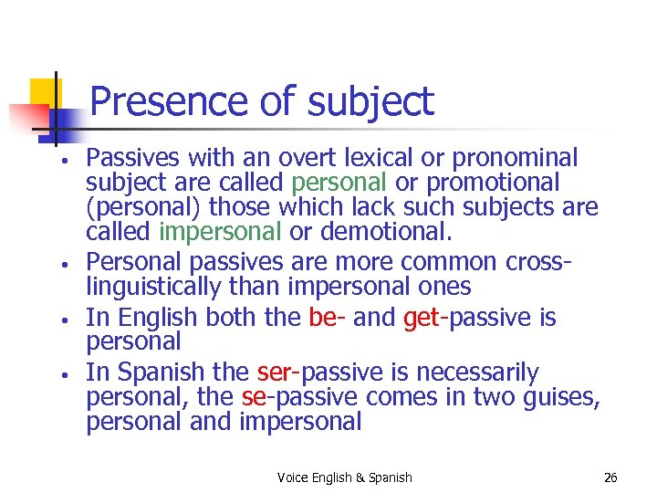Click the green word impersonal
coord(220,233)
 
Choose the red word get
coord(421,318)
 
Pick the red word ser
coord(274,372)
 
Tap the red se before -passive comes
coord(253,397)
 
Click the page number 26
coord(610,477)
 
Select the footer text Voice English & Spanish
coord(344,477)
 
